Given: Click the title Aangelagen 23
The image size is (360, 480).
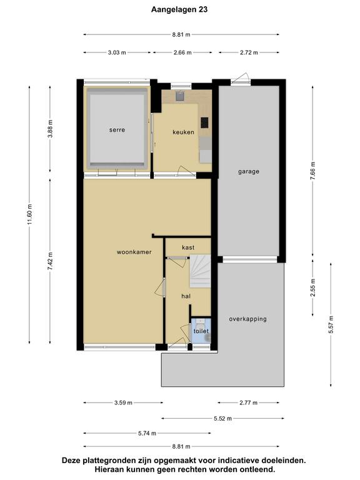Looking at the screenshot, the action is [179, 10].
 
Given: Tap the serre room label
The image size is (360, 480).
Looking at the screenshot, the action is [117, 130].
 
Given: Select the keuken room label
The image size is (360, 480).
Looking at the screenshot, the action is [183, 132].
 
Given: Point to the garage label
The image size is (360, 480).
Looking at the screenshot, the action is [249, 172].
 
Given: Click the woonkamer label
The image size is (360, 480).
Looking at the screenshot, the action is [134, 252].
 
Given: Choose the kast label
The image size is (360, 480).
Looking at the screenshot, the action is [188, 247].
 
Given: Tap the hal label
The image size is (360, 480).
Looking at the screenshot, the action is [186, 296].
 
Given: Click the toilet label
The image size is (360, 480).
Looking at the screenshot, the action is [201, 331].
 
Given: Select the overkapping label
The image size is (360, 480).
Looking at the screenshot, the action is [247, 319].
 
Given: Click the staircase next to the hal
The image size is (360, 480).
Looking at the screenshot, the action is [200, 271].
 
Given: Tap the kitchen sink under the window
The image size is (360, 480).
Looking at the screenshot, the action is [180, 96].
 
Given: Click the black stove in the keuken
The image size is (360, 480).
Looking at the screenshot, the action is [204, 122].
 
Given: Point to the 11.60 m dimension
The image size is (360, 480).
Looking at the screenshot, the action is [29, 215].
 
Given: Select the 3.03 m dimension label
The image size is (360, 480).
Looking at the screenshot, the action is [117, 52].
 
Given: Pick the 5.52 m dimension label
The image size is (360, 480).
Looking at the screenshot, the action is [223, 419].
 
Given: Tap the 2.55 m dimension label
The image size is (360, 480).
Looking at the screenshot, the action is [312, 287].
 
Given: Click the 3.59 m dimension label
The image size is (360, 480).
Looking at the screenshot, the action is [123, 403].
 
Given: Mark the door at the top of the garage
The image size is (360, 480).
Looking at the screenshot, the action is [241, 79].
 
